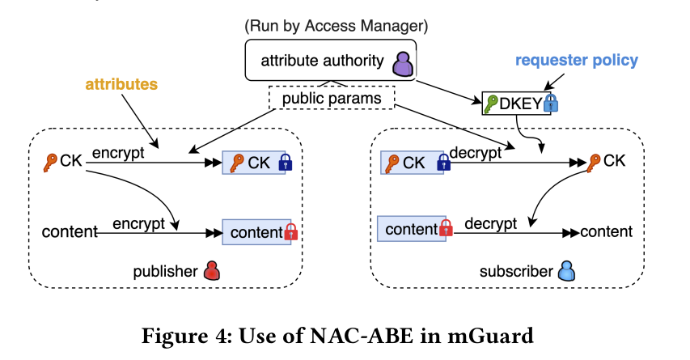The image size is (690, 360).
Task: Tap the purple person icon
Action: pyautogui.click(x=402, y=61)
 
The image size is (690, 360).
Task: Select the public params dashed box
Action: pyautogui.click(x=330, y=99)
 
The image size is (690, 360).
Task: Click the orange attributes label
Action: pyautogui.click(x=121, y=83)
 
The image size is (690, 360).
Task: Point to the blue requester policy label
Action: pyautogui.click(x=577, y=60)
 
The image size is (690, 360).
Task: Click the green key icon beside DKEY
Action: pyautogui.click(x=492, y=104)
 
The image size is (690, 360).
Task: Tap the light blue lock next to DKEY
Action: pyautogui.click(x=552, y=104)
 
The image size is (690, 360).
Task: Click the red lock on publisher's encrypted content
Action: pyautogui.click(x=291, y=233)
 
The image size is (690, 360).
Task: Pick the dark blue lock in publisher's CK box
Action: pyautogui.click(x=284, y=163)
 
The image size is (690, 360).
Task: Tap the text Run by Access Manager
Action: pyautogui.click(x=337, y=26)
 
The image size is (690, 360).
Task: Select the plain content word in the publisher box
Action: pyautogui.click(x=70, y=233)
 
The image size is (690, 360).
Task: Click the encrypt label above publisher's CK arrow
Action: pyautogui.click(x=117, y=153)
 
